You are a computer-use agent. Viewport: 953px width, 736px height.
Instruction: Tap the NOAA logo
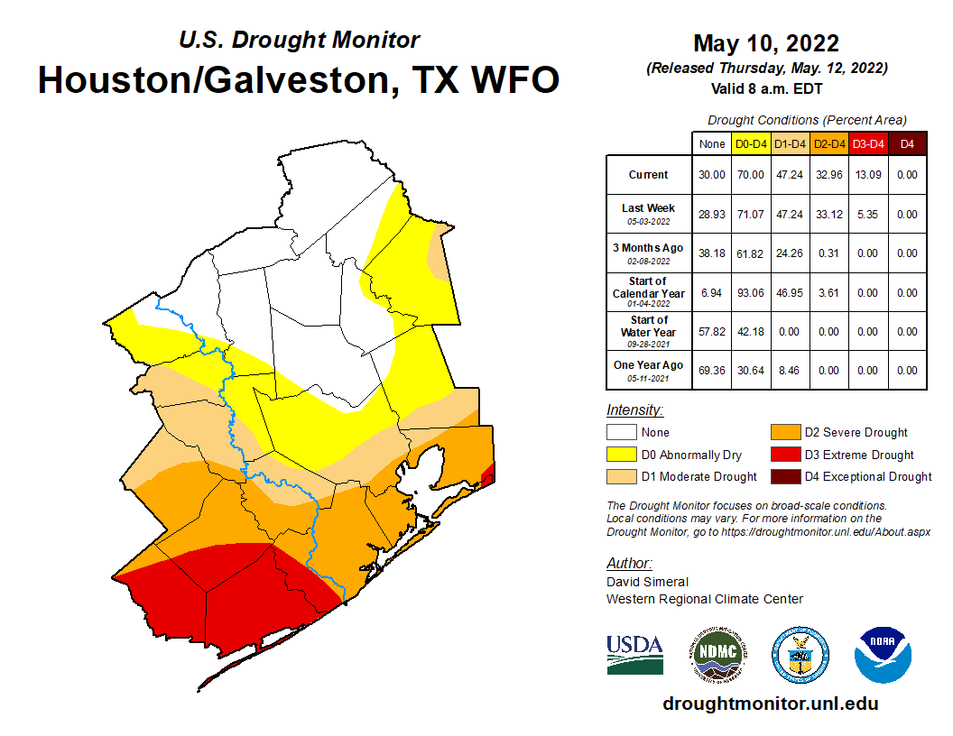coord(883,654)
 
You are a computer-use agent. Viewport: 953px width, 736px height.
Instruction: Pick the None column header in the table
coord(712,144)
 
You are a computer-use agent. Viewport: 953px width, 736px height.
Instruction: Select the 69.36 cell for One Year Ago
coord(712,370)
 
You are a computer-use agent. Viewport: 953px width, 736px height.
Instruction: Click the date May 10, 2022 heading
coord(766,43)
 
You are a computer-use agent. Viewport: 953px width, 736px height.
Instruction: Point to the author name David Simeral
coord(647,582)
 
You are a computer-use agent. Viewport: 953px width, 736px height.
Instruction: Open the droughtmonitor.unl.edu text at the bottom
coord(770,704)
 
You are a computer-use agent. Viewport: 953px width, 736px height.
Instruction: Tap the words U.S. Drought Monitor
coord(299,41)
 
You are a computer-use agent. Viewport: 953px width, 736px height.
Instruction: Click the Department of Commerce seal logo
coord(800,654)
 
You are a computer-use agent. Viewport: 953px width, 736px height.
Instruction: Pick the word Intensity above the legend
coord(634,410)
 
